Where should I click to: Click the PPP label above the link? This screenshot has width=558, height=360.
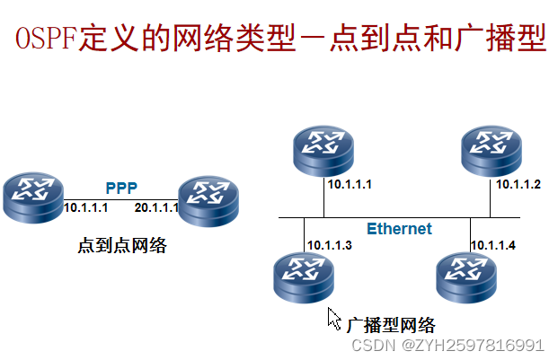coord(121,188)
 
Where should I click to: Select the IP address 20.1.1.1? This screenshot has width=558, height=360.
coord(156,208)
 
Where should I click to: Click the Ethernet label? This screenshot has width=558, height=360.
coord(399,229)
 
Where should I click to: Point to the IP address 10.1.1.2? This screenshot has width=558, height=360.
coord(518,185)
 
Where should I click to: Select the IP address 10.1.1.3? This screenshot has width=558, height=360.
coord(329,244)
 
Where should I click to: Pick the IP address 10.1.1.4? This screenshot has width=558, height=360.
coord(494,244)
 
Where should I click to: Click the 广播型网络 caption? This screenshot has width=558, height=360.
coord(390,324)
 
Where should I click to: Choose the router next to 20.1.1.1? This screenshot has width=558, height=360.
coord(208,199)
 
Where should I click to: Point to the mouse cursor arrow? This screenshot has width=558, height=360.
coord(333,318)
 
